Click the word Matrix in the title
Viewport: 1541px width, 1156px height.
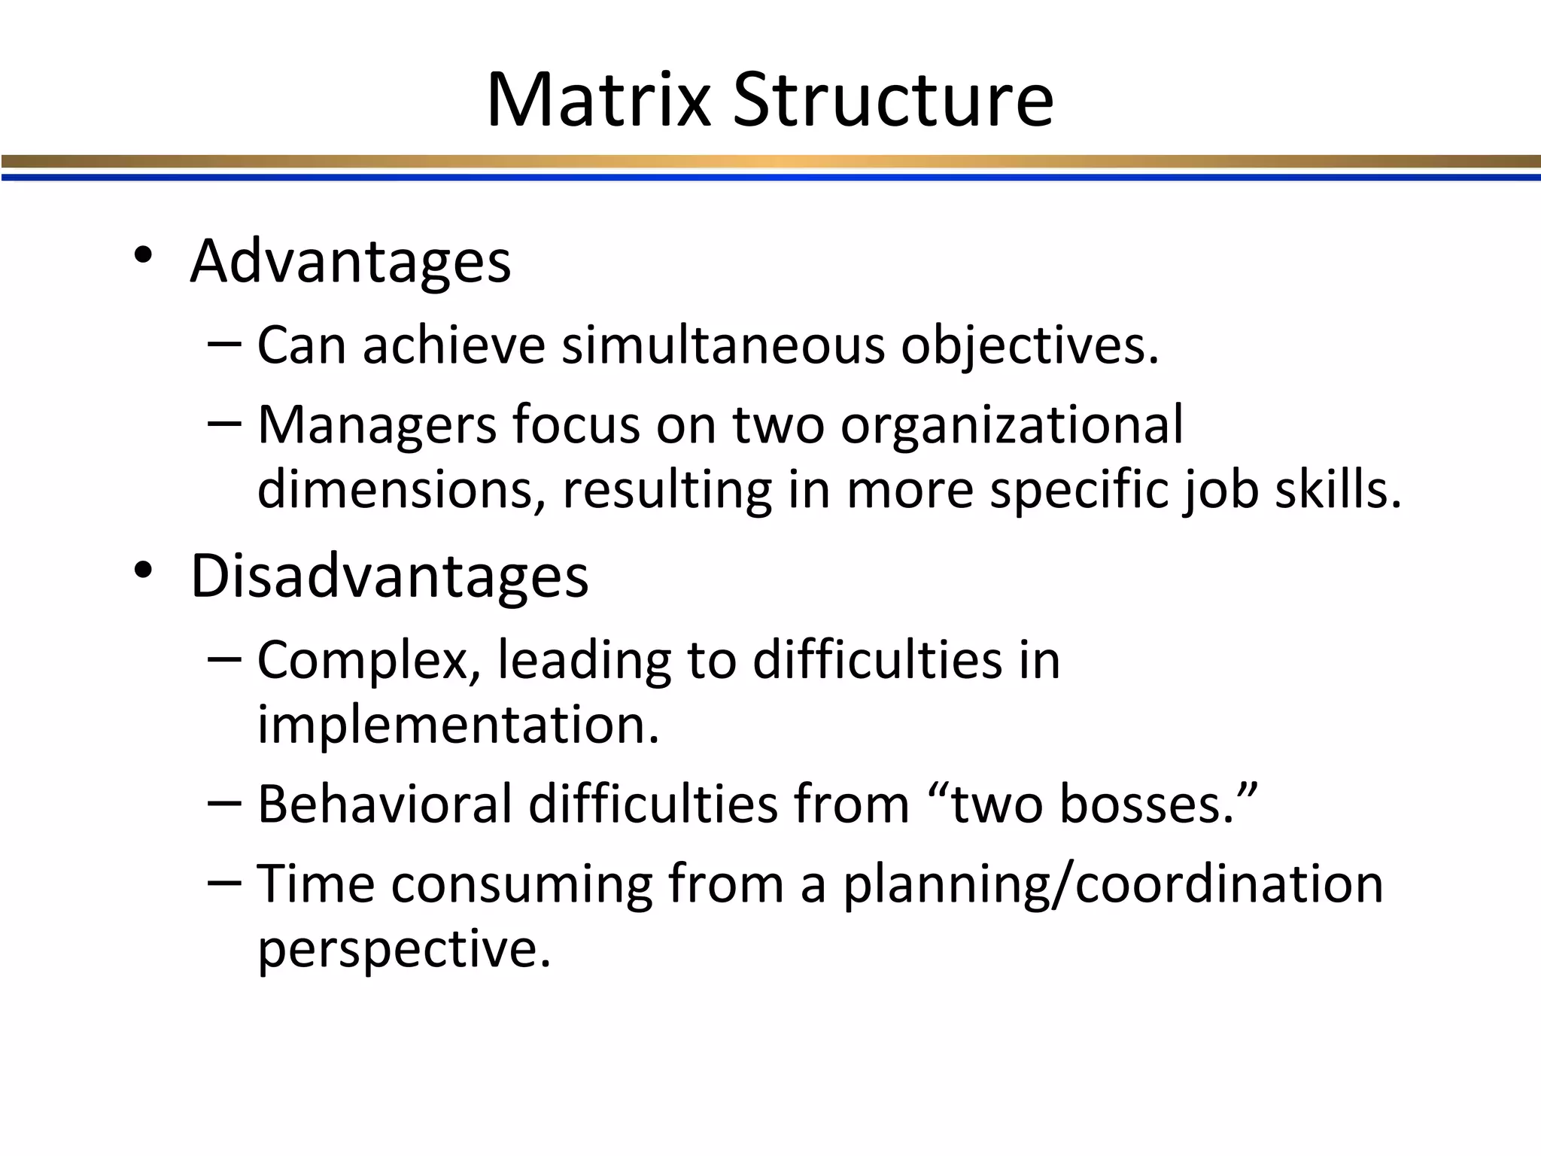coord(598,100)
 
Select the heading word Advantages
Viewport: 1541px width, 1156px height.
coord(351,261)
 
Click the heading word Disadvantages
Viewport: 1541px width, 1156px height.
coord(389,576)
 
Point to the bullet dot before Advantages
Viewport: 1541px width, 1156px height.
coord(143,257)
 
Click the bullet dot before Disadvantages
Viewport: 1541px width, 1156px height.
coord(143,571)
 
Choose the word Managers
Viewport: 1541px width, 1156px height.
coord(377,426)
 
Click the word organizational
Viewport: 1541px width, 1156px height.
coord(1012,426)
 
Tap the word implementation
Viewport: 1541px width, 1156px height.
coord(457,725)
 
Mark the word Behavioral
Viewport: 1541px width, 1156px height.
coord(384,804)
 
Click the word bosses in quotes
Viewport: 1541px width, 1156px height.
coord(1147,804)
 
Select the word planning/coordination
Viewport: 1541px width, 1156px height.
coord(1112,884)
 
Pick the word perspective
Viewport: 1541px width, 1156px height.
coord(404,948)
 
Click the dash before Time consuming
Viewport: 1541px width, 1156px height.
coord(224,881)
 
